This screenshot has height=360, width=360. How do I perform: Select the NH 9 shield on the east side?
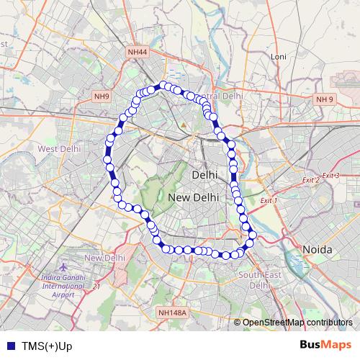point(325,99)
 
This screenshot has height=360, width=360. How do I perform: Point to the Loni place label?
point(278,56)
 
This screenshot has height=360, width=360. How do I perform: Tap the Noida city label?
point(316,249)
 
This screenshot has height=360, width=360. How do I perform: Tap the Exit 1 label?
point(269,199)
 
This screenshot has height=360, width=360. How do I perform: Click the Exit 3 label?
point(330,176)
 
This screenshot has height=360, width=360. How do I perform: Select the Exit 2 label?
point(310,179)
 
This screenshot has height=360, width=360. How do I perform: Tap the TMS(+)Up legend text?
point(46,346)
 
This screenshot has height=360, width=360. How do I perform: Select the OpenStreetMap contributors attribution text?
point(297,323)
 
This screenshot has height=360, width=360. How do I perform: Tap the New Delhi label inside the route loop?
point(193,197)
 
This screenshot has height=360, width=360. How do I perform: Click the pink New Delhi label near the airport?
point(104,258)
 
